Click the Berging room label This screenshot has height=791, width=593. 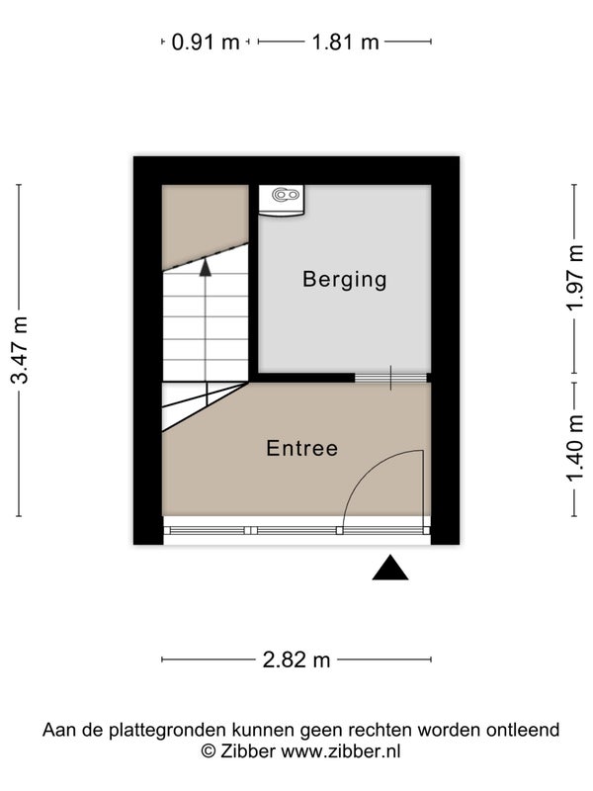click(x=344, y=280)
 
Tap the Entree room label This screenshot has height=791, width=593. click(x=302, y=449)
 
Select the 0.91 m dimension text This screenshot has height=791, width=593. click(x=206, y=42)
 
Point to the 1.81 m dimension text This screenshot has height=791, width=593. click(x=345, y=42)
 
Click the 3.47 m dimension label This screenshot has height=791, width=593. click(x=20, y=350)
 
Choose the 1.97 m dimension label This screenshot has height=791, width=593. click(x=575, y=278)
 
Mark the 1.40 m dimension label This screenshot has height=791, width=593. click(x=575, y=449)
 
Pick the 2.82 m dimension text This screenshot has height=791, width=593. click(x=296, y=659)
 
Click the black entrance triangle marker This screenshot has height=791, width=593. click(x=390, y=568)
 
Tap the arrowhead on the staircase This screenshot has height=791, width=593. click(x=206, y=267)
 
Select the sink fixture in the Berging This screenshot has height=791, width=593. click(x=282, y=202)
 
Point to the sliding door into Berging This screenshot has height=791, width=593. click(x=390, y=378)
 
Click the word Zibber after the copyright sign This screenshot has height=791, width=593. click(x=248, y=751)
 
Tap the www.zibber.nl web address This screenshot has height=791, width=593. click(x=341, y=751)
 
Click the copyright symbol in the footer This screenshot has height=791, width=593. click(x=209, y=751)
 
